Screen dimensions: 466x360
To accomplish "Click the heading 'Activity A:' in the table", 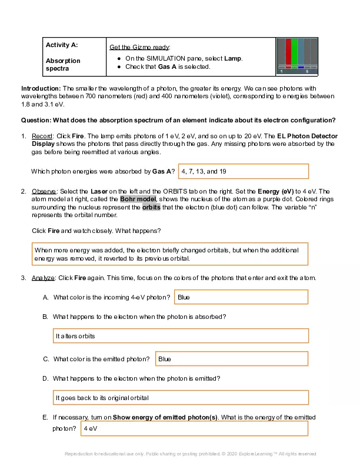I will point(62,44).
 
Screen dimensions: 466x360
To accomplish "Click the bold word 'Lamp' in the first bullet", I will point(234,59).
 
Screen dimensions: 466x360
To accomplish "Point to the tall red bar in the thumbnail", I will point(288,52).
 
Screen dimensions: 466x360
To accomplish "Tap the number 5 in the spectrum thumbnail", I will point(306,72).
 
